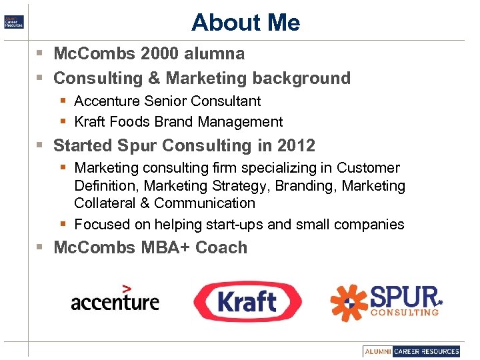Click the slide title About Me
[245, 23]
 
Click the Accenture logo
[115, 299]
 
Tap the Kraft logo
[247, 301]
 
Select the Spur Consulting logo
[387, 300]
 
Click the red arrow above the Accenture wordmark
[127, 288]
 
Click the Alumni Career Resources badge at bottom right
[412, 351]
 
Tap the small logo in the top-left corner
[13, 21]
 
